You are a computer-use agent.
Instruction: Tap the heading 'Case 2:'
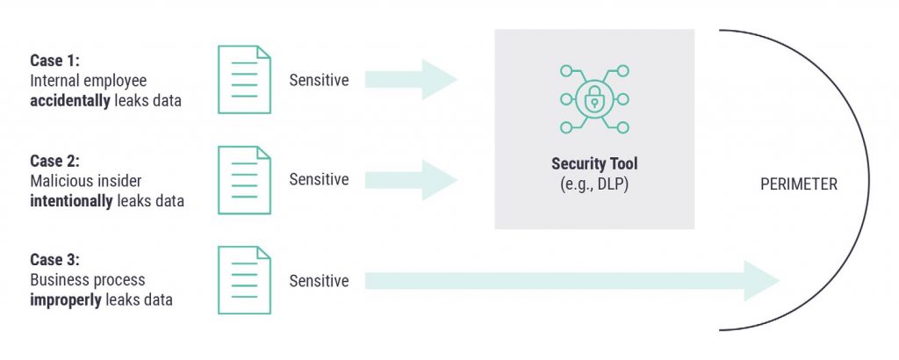click(54, 162)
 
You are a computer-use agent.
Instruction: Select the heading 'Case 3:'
click(54, 261)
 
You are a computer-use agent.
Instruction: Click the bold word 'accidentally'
click(70, 100)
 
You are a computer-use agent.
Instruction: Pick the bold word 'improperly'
click(66, 299)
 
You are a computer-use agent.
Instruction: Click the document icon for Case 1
click(245, 80)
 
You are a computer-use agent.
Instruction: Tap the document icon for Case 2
click(245, 180)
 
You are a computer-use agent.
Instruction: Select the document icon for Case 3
click(245, 281)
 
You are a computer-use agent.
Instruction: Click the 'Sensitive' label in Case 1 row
click(319, 81)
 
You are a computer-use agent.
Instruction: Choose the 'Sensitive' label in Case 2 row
click(319, 180)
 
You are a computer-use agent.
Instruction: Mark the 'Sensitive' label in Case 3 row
click(319, 281)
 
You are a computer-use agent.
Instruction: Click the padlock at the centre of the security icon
click(594, 100)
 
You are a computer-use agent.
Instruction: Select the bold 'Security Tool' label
click(594, 164)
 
